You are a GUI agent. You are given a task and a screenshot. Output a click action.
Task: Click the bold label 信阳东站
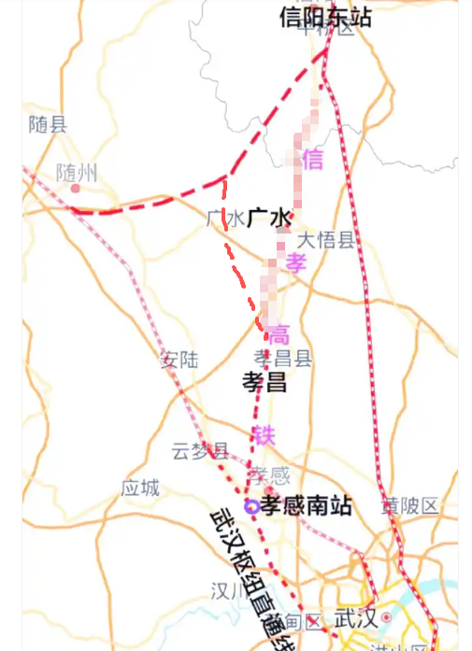click(326, 18)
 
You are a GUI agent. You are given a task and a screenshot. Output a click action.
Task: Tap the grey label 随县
click(48, 124)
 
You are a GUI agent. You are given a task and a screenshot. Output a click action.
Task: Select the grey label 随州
click(77, 173)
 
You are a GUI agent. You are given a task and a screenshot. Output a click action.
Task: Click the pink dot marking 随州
click(76, 187)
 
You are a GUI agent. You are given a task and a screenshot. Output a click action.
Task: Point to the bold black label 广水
click(269, 219)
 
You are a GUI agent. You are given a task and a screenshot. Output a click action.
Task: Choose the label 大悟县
click(326, 240)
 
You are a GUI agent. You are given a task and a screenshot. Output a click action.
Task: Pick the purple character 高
click(279, 333)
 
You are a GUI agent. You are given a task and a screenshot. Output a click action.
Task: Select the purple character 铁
click(264, 434)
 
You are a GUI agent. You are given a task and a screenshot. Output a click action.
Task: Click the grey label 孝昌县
click(282, 359)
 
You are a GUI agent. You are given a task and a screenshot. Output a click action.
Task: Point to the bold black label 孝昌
click(265, 382)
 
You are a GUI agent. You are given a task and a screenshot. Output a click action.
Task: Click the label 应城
click(140, 488)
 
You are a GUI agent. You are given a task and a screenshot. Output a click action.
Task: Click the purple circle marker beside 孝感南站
click(250, 506)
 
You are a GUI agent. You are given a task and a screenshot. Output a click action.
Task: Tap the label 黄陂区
click(408, 506)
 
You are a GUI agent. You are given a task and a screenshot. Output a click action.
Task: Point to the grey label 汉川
click(228, 590)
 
